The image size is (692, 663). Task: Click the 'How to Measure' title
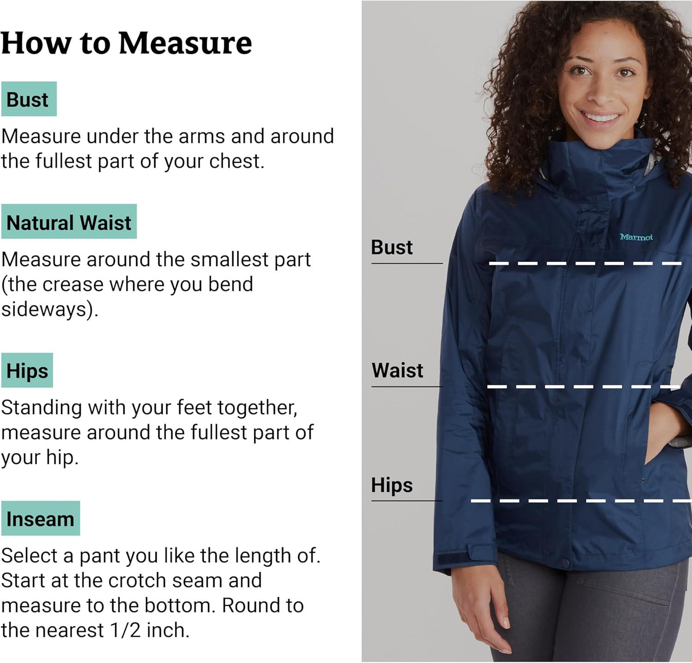coord(126,44)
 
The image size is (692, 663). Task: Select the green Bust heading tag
coord(29,99)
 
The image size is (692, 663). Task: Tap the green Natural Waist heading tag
coord(69,222)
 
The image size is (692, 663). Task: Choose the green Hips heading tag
coord(27,370)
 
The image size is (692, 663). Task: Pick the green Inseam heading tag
coord(41,519)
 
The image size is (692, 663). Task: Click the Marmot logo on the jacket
coord(636,237)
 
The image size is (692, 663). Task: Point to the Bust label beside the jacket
coord(392,248)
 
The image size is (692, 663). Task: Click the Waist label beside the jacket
coord(397,370)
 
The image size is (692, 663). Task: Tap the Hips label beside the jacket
coord(392,485)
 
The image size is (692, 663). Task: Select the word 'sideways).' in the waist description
coord(50,309)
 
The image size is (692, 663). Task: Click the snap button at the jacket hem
coord(566,564)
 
